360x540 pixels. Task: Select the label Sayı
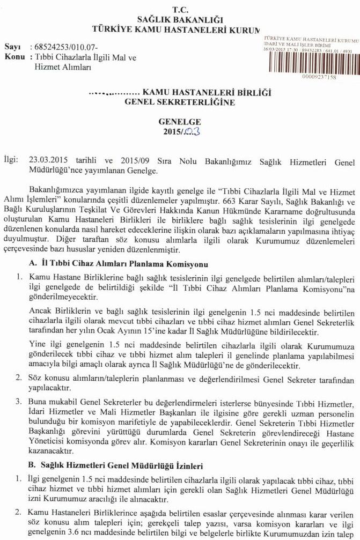12,47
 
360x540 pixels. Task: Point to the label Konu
14,56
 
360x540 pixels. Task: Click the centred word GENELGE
179,122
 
